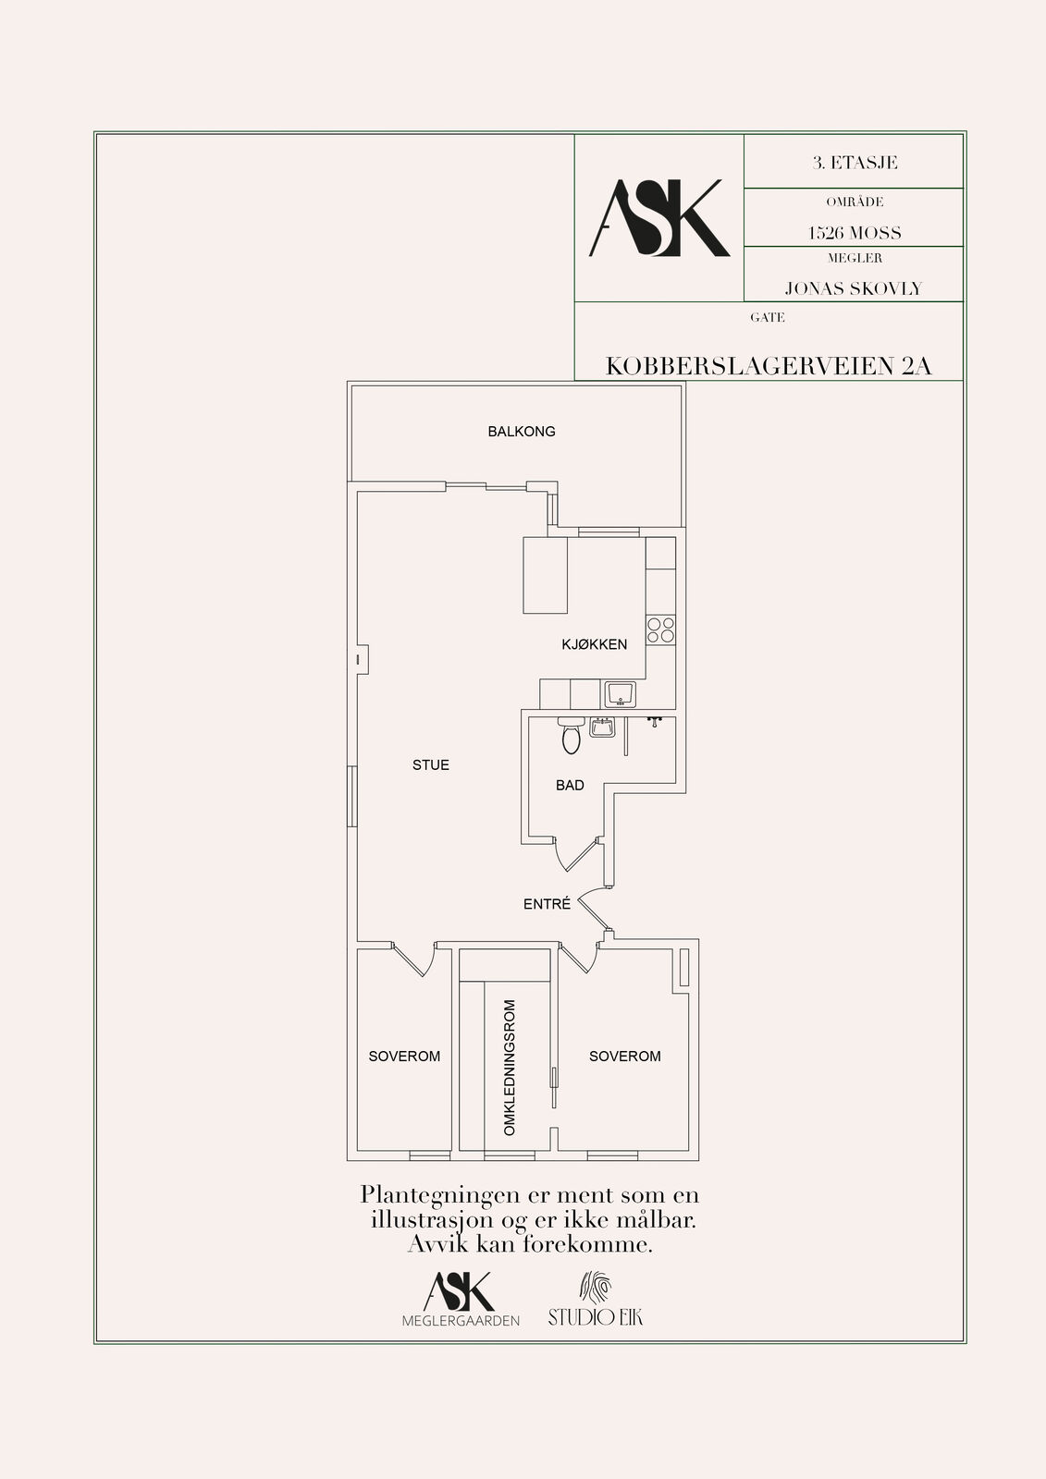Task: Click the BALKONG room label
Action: point(522,432)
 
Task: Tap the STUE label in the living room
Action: point(431,765)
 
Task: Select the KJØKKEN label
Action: point(594,644)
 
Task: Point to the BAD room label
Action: point(570,786)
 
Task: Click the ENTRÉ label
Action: point(547,904)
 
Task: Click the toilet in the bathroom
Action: point(571,736)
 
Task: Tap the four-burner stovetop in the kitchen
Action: point(660,629)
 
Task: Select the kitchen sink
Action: point(620,694)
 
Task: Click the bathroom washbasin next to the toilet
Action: point(602,727)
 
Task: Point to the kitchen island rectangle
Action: point(545,576)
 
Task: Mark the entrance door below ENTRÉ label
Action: point(594,911)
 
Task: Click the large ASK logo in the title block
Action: point(659,218)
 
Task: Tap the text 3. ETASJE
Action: point(855,163)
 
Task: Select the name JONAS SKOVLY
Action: point(853,288)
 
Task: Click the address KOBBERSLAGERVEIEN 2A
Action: point(769,366)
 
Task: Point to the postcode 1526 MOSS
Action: point(855,233)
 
